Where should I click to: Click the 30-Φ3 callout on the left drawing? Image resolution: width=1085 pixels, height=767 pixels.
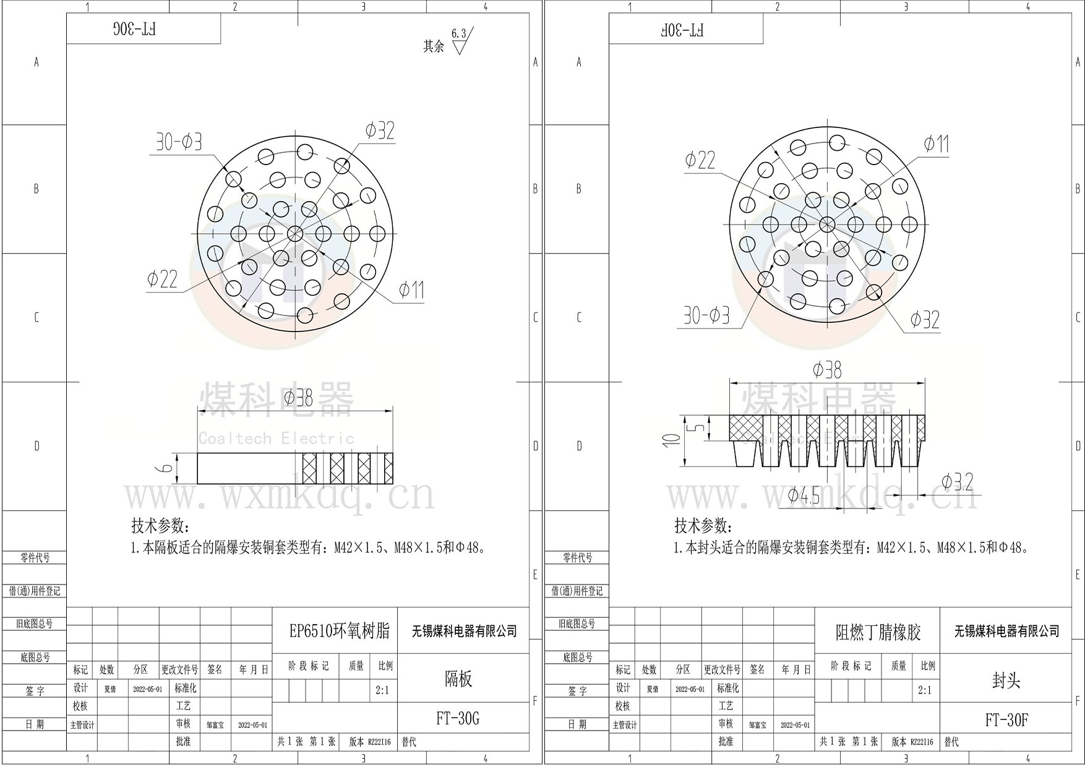[179, 143]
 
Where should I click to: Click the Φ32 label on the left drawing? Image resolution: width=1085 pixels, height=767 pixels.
[379, 131]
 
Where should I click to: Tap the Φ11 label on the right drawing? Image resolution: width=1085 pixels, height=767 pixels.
[936, 144]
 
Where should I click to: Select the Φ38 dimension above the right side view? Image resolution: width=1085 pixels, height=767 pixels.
[827, 371]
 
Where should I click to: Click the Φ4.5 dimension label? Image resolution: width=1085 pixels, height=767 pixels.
[804, 495]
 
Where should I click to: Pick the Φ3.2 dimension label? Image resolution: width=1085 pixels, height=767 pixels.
[957, 482]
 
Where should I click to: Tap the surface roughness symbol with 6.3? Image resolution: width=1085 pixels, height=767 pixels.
[460, 41]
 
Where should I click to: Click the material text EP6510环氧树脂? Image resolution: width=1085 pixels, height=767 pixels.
[340, 631]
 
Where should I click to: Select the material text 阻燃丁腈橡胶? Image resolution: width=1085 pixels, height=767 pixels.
[878, 632]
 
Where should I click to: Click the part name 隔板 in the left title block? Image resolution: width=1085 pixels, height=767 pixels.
[458, 679]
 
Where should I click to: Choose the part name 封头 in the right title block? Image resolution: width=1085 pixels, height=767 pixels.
[1006, 680]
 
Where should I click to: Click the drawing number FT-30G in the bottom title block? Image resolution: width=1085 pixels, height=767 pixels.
[458, 718]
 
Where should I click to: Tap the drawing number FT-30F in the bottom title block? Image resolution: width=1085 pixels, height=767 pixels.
[1006, 720]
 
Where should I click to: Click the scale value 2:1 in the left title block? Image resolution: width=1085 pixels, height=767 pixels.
[382, 690]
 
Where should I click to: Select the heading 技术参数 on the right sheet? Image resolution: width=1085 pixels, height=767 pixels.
[703, 526]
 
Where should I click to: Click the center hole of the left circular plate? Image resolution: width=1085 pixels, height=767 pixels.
[295, 234]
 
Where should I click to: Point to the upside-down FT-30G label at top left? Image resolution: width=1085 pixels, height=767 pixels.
[135, 29]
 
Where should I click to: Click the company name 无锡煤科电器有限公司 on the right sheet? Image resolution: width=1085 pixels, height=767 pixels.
[1006, 632]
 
